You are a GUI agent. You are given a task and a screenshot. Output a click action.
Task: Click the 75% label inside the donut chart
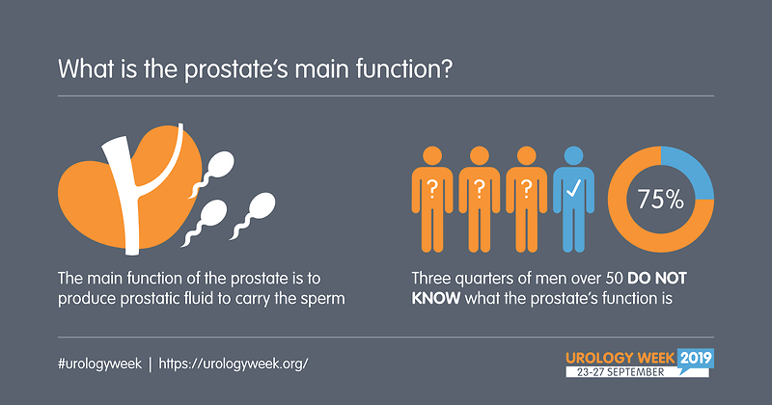661,200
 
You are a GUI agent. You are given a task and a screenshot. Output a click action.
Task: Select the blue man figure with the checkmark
573,200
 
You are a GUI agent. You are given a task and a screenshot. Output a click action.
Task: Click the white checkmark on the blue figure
573,188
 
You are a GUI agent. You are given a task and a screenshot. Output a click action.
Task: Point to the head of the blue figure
573,155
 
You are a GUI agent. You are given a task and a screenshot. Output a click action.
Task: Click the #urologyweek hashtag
99,364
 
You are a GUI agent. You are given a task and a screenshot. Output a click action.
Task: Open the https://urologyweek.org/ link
234,364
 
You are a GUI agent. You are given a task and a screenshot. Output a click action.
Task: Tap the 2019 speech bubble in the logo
695,359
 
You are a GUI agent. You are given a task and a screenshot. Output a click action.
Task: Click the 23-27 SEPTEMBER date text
620,372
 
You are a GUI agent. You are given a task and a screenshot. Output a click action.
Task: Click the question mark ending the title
446,68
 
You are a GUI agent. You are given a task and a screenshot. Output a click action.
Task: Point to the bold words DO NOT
657,278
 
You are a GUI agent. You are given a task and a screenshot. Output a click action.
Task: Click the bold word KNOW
436,298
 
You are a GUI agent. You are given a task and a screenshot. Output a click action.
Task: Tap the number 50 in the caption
614,278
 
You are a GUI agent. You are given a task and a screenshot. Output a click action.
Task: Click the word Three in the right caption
430,278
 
